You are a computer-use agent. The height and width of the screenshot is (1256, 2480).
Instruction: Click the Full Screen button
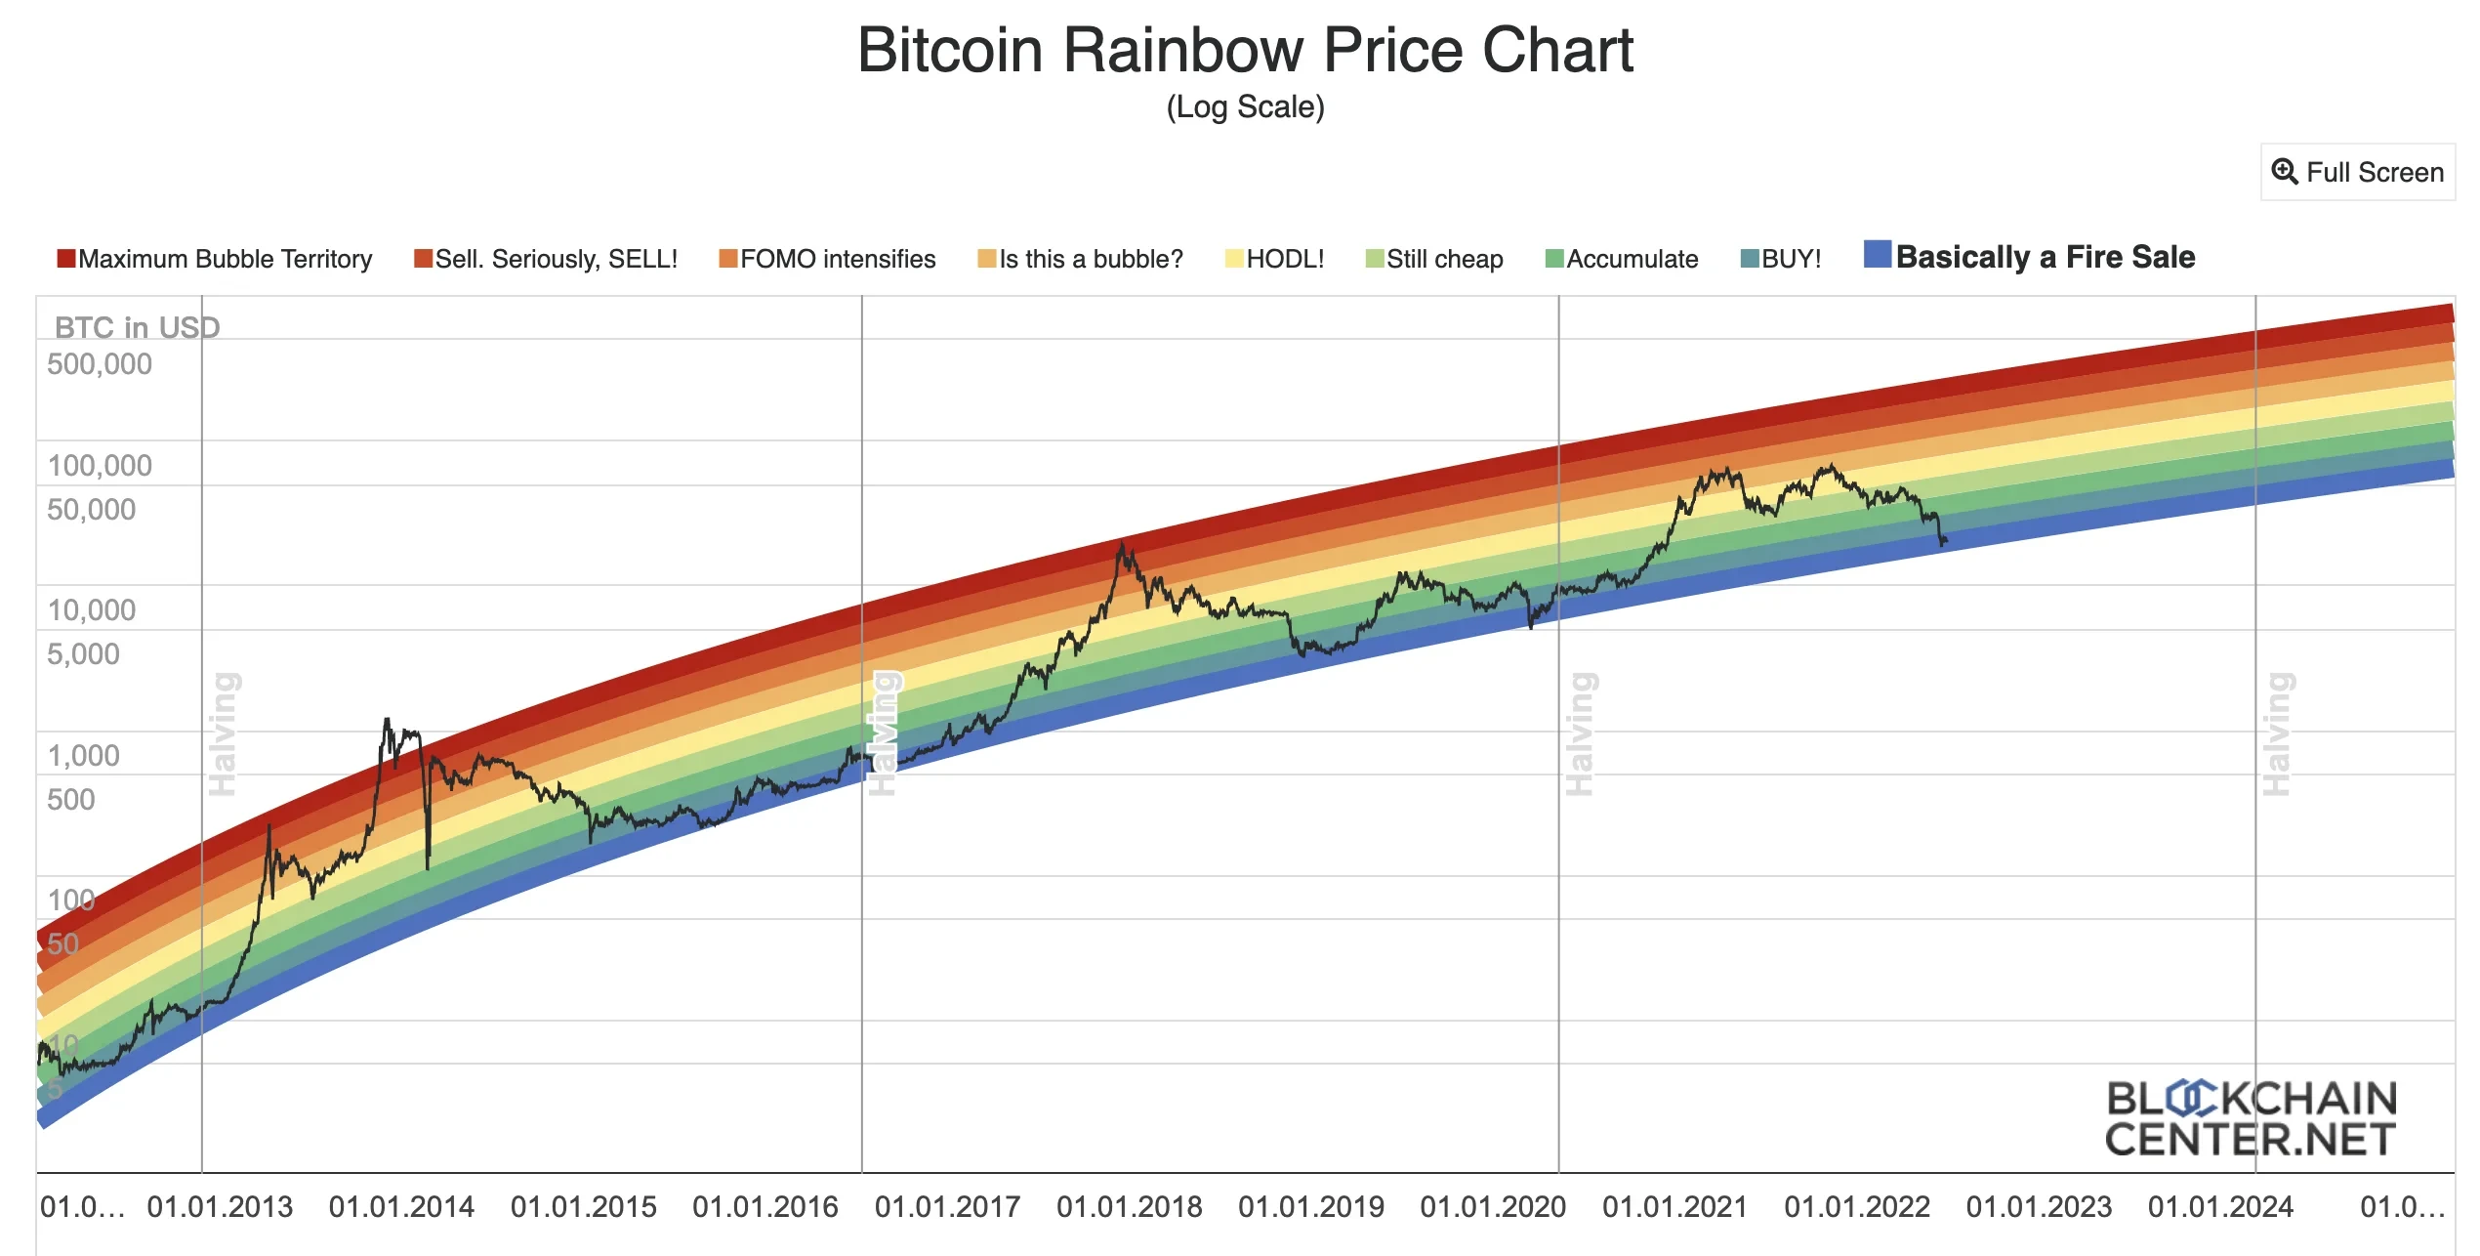(x=2357, y=173)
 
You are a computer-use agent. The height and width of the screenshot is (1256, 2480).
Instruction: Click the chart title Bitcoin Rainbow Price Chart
(x=1245, y=50)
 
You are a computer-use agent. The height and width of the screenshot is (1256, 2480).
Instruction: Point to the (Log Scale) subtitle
(x=1245, y=106)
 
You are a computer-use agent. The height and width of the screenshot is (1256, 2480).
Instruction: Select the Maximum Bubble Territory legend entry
(x=215, y=259)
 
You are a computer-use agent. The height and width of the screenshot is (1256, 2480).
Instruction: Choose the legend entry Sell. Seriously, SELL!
(x=546, y=259)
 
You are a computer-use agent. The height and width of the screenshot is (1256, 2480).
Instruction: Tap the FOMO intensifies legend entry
(x=827, y=259)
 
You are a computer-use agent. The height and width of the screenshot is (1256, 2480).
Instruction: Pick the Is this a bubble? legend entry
(x=1080, y=259)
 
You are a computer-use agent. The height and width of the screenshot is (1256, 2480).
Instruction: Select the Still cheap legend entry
(x=1434, y=259)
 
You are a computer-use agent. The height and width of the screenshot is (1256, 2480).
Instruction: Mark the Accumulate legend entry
(x=1622, y=259)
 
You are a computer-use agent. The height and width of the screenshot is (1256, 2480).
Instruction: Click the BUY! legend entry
(x=1781, y=259)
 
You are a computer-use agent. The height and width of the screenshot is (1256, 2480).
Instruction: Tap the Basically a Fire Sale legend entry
(x=2030, y=257)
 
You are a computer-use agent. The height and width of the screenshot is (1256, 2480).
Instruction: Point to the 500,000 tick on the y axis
(x=100, y=364)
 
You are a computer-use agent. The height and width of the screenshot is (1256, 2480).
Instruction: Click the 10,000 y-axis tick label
(x=92, y=610)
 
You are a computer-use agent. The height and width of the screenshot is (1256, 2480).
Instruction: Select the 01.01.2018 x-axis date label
(x=1129, y=1207)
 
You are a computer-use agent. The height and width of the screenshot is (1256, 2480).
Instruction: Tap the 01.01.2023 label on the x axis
(x=2039, y=1207)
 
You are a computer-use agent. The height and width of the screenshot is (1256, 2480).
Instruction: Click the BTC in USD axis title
(x=137, y=327)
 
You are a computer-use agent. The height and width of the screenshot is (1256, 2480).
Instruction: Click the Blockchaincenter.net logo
(x=2250, y=1119)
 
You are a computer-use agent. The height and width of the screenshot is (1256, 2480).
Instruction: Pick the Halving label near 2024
(x=2277, y=733)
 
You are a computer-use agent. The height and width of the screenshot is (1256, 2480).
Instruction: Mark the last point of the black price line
(x=1946, y=540)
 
